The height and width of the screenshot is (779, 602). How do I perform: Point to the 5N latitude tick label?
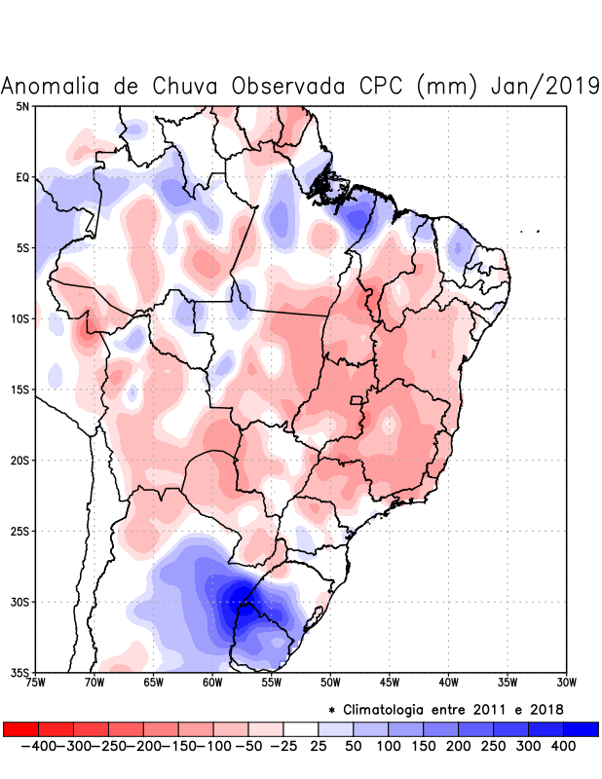tap(22, 106)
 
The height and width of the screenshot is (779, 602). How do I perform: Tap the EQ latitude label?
tap(22, 177)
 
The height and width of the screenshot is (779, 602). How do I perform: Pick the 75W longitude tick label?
tap(35, 682)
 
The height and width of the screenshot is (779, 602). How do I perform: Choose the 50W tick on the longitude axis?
tap(330, 682)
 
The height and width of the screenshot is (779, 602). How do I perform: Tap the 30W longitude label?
tap(567, 682)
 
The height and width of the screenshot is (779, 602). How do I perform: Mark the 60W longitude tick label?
tap(212, 682)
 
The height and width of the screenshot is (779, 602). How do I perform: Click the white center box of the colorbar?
tap(301, 728)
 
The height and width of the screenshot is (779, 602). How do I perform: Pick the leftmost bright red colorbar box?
tap(20, 728)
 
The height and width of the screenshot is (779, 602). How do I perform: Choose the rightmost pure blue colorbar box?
tap(581, 728)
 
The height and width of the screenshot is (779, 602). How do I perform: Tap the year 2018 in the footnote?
tap(546, 709)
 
